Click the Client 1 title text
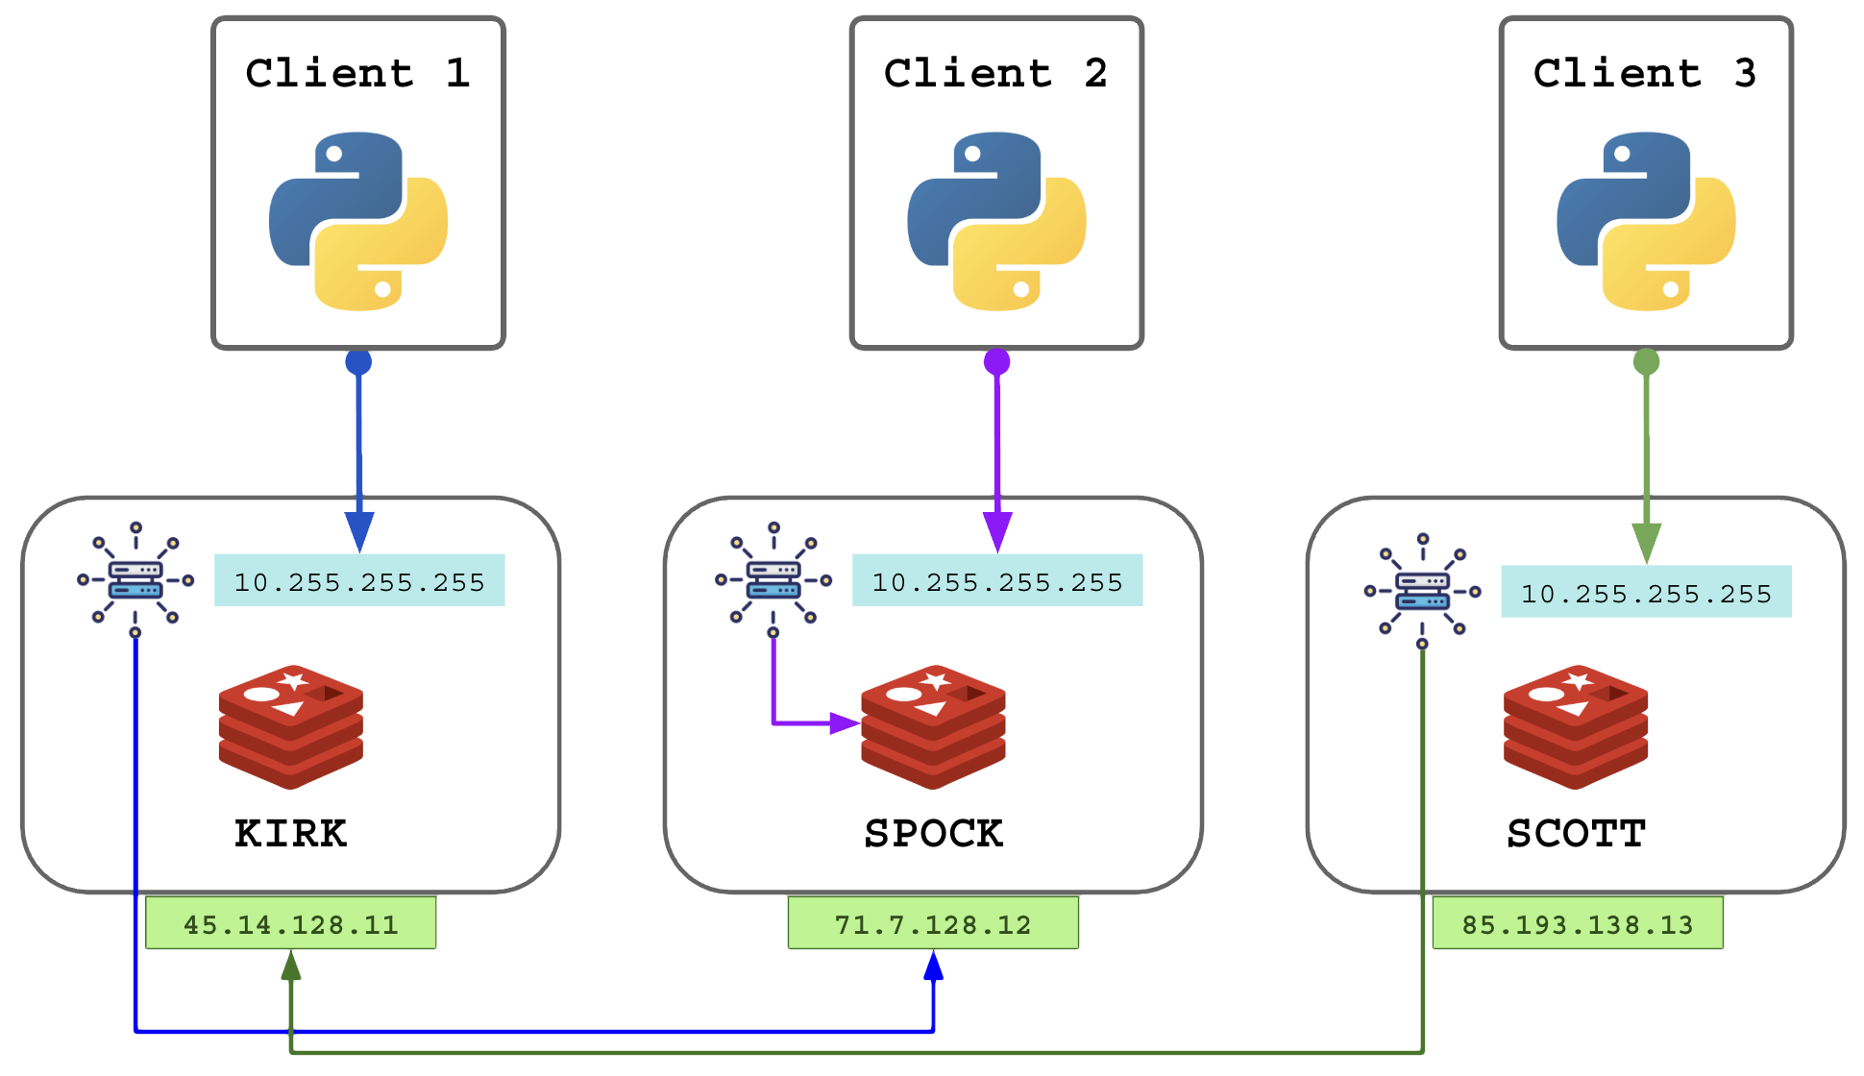point(357,73)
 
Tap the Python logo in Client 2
point(996,221)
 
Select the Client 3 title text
point(1645,73)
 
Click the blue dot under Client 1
point(358,362)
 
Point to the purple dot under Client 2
point(997,362)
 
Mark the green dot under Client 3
point(1646,362)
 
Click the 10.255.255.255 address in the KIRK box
point(359,581)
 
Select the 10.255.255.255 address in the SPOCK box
point(997,581)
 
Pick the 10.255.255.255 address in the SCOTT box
point(1646,593)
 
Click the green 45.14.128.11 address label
point(290,924)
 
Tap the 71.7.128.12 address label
point(933,924)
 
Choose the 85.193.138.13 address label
point(1578,924)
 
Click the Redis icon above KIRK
point(291,726)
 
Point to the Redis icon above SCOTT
point(1576,726)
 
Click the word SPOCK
point(933,833)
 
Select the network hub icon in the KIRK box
point(135,579)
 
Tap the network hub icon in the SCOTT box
point(1423,591)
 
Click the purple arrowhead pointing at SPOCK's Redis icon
point(844,723)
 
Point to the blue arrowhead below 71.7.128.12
point(933,966)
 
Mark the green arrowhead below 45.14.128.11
point(291,966)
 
